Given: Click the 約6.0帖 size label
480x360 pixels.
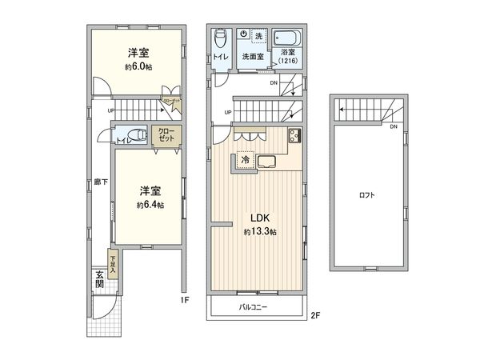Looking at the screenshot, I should (138, 68).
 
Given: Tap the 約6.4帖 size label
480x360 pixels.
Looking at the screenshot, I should (150, 205).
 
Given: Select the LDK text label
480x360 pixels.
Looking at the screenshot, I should (260, 218).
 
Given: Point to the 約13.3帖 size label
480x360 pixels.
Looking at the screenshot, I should (260, 232).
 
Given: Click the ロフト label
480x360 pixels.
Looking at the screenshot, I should (367, 194).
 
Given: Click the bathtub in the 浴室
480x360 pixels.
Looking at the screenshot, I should (286, 38).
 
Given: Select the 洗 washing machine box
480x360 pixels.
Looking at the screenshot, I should (258, 36).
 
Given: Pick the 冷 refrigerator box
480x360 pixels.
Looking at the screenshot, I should (246, 159).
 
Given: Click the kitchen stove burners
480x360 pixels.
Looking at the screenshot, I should (294, 136).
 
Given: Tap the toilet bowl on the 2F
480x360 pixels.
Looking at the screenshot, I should (221, 38).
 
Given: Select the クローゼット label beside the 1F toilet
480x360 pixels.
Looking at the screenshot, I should (166, 134).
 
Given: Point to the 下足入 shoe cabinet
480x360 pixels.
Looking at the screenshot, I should (114, 265).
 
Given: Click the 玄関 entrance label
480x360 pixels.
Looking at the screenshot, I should (99, 279).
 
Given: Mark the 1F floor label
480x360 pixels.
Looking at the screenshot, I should (184, 301).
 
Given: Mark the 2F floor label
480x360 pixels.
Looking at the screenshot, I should (315, 315).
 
